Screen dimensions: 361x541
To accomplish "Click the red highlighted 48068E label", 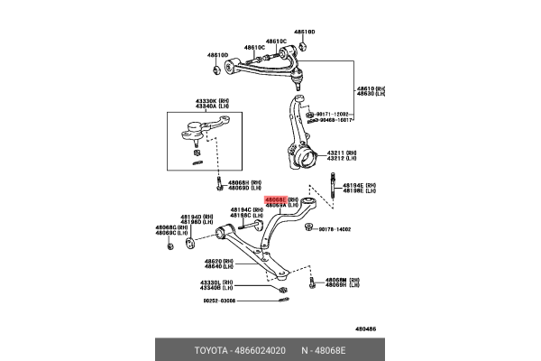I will click(x=276, y=199).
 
